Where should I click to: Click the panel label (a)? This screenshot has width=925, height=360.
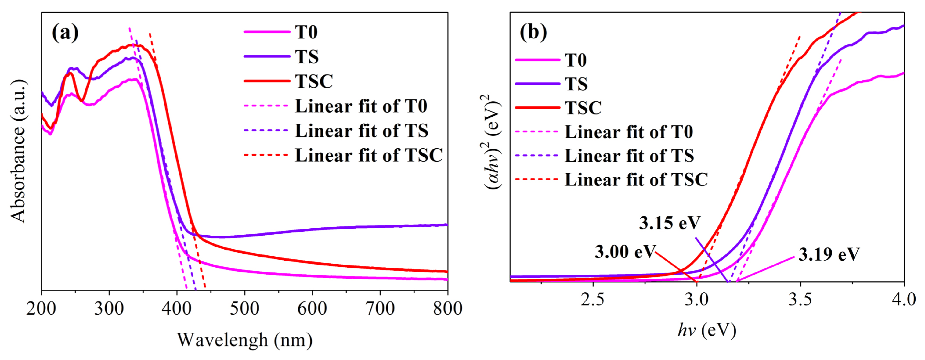click(x=65, y=33)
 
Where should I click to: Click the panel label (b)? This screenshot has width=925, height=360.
click(x=533, y=33)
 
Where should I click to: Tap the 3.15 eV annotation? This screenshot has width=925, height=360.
click(x=669, y=223)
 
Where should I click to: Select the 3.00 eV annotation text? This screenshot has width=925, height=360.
click(x=625, y=252)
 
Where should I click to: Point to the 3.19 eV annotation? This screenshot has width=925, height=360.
click(x=829, y=254)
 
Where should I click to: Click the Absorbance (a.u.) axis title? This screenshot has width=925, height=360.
click(x=18, y=151)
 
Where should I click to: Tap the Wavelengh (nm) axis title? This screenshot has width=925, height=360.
click(x=244, y=340)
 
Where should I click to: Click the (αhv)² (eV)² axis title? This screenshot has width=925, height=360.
click(x=493, y=142)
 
